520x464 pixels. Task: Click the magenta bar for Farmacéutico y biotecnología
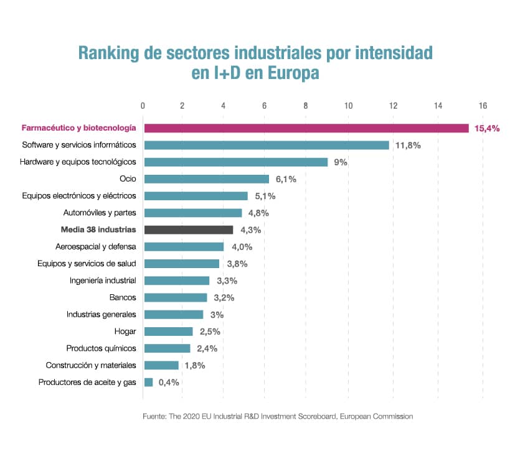click(x=306, y=128)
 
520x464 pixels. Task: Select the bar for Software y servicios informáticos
click(x=267, y=145)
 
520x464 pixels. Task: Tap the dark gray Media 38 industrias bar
click(x=189, y=230)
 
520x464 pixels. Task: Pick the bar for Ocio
click(x=207, y=179)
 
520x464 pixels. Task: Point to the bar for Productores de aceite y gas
click(x=149, y=382)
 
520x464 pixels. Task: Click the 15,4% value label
click(x=488, y=129)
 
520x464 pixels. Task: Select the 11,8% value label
click(x=408, y=146)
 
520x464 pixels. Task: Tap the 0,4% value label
click(x=169, y=383)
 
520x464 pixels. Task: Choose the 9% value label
click(x=340, y=162)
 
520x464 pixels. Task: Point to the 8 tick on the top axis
click(x=306, y=105)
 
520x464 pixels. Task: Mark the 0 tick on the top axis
click(x=143, y=105)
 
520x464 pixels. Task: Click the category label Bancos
click(x=123, y=297)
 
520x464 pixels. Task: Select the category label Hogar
click(x=125, y=332)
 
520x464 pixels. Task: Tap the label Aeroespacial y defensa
click(x=96, y=247)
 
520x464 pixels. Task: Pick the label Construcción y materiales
click(x=91, y=365)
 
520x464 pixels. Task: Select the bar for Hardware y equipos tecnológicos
click(x=235, y=162)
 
